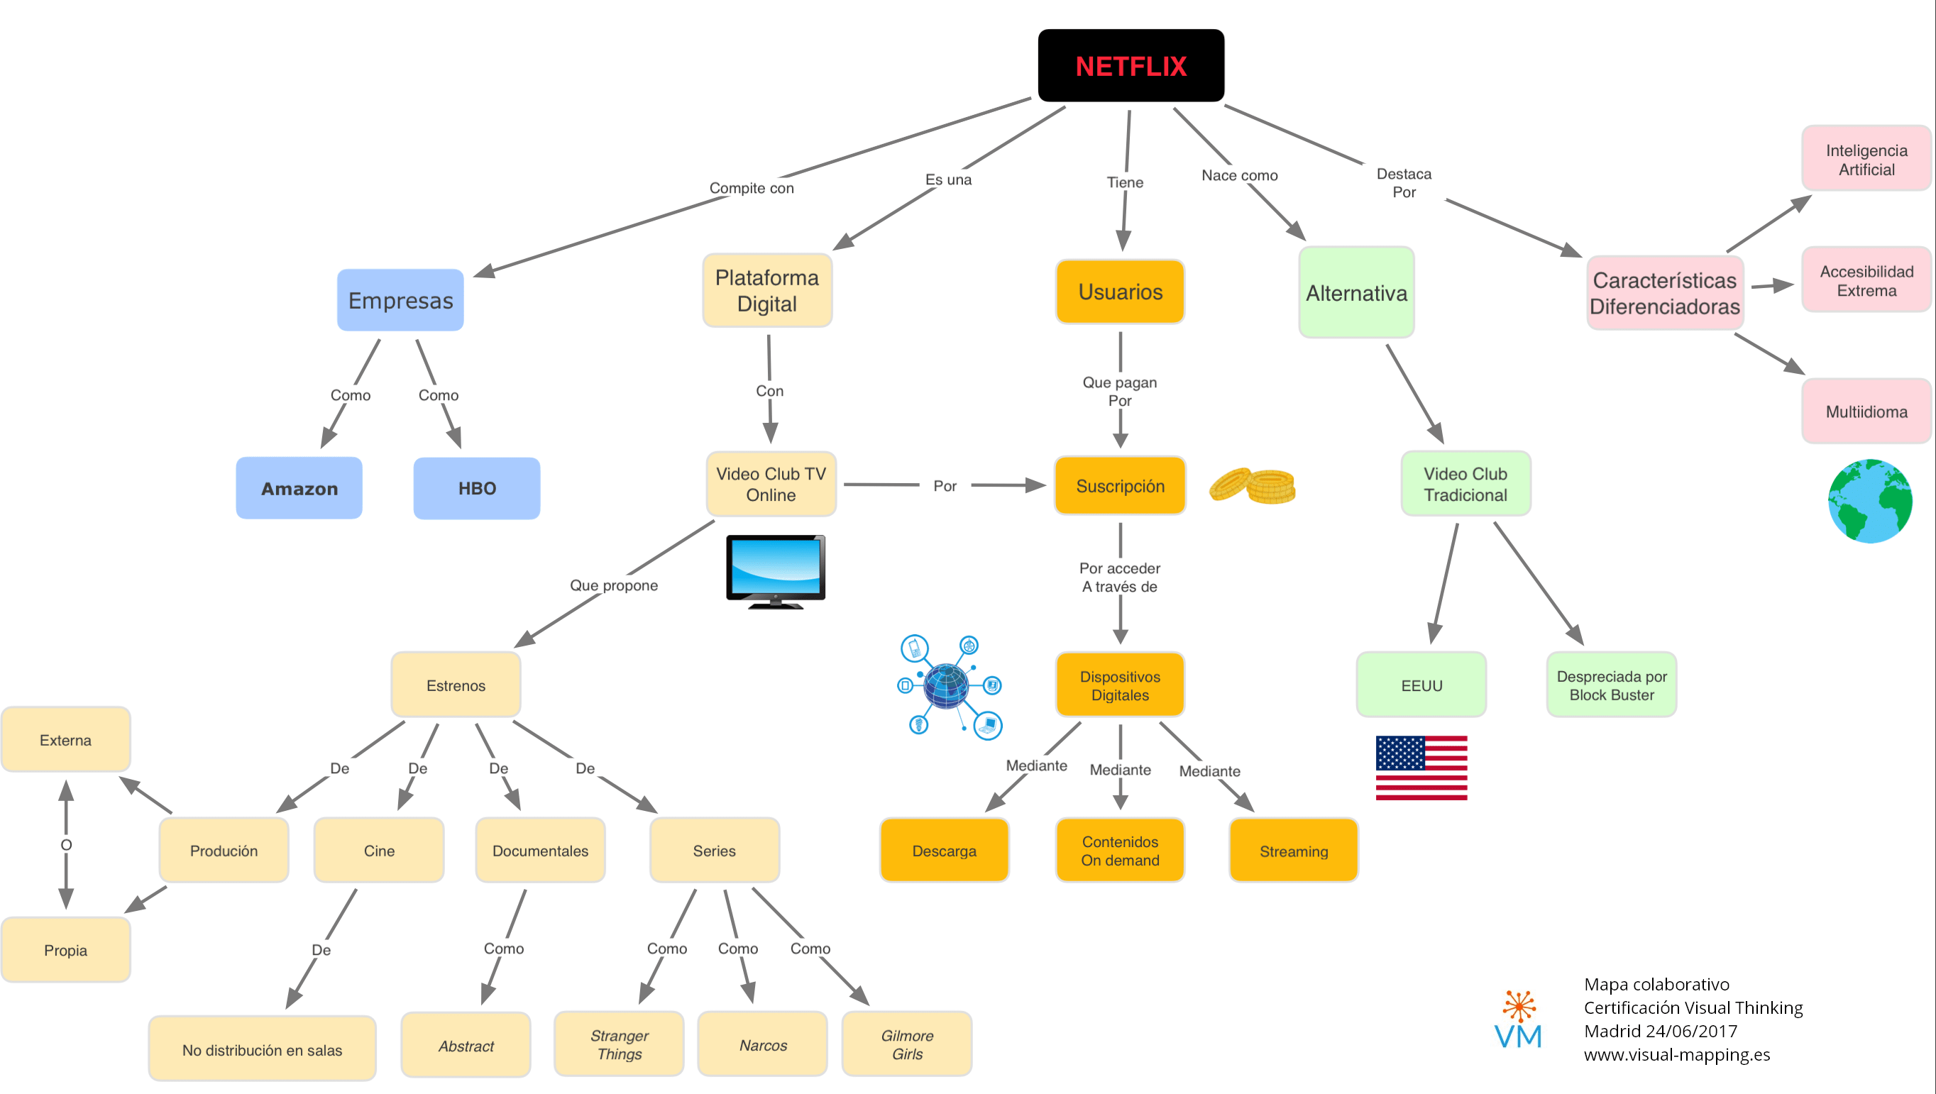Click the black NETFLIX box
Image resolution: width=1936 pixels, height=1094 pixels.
click(1131, 66)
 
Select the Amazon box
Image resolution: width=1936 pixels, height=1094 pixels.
click(299, 488)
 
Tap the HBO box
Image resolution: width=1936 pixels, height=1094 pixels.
click(476, 488)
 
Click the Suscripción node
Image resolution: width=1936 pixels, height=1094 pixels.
click(1120, 486)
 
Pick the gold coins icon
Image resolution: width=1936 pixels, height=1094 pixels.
click(1252, 486)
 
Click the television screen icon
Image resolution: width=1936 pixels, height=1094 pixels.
click(775, 571)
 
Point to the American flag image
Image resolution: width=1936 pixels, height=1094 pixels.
click(1421, 768)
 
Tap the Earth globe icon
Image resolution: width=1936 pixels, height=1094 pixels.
click(1869, 501)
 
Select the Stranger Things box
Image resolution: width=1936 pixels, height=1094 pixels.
click(619, 1044)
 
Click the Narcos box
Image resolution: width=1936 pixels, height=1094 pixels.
click(762, 1045)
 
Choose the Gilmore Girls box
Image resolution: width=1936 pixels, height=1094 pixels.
click(906, 1044)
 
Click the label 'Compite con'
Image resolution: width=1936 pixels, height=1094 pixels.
click(751, 188)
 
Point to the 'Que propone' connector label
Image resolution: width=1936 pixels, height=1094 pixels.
click(613, 585)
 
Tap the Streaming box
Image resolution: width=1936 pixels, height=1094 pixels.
click(1294, 851)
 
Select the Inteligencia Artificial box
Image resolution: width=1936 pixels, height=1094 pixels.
click(1866, 160)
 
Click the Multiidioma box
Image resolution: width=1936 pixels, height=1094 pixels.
click(1866, 411)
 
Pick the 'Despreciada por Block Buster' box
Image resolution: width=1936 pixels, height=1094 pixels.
click(1612, 685)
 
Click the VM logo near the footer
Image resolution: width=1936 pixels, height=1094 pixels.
click(1518, 1022)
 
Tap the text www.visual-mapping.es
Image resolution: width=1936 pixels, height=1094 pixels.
click(1677, 1055)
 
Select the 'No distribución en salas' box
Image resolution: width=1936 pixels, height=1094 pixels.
click(262, 1050)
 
